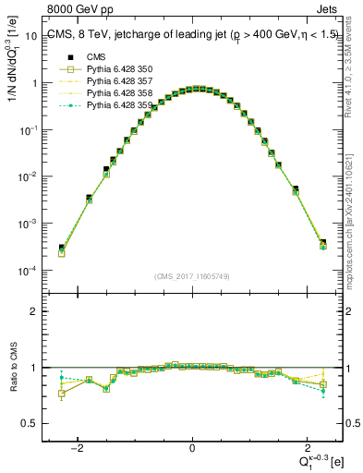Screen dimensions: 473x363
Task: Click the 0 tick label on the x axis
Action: [192, 446]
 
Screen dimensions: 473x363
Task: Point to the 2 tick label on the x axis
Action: [306, 446]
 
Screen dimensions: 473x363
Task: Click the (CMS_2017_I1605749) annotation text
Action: [191, 276]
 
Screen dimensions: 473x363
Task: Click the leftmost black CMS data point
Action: [61, 248]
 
